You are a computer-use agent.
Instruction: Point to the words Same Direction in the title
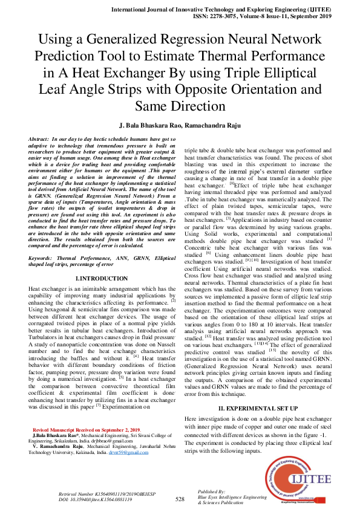[180, 106]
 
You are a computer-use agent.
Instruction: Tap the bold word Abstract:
[41, 139]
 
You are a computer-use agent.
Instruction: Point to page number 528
[180, 499]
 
